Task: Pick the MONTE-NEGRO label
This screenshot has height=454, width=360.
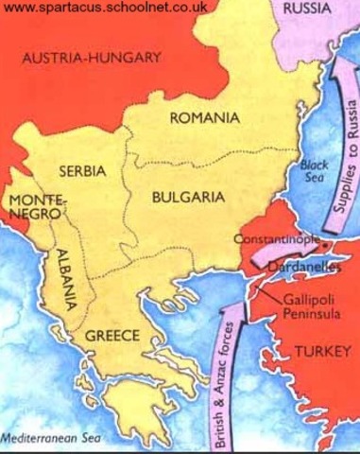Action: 31,208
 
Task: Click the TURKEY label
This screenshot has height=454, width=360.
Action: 321,351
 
